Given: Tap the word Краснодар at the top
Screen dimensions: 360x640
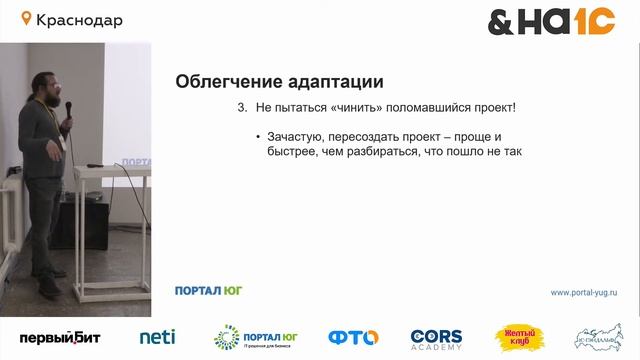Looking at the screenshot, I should point(79,20).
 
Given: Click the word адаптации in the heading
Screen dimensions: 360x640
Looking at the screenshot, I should point(339,81).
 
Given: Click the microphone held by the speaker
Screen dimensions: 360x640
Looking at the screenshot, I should point(69,109).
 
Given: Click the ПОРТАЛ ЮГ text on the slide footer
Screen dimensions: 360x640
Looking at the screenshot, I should point(208,291).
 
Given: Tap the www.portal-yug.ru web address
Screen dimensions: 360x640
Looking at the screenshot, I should point(584,292).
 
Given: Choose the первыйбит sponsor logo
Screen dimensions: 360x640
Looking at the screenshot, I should point(60,338).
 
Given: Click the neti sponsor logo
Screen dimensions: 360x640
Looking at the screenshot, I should point(157,338).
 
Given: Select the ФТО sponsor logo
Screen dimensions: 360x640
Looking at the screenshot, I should point(353,338).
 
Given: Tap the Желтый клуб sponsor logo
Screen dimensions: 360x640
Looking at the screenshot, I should point(518,338).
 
